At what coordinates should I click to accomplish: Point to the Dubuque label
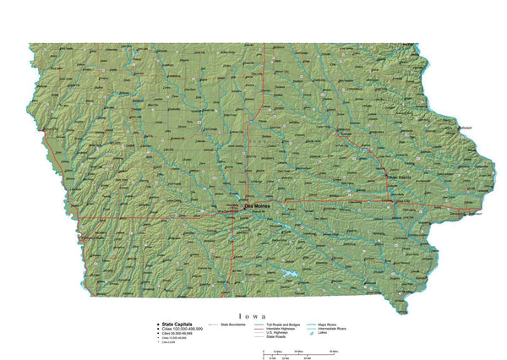tap(466, 128)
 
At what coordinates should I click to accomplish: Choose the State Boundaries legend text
tap(232, 324)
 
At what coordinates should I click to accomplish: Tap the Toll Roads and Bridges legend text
tap(286, 324)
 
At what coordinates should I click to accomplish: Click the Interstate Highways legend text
tap(284, 328)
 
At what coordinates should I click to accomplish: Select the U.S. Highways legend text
tap(280, 332)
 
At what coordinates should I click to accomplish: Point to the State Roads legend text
tap(278, 336)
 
